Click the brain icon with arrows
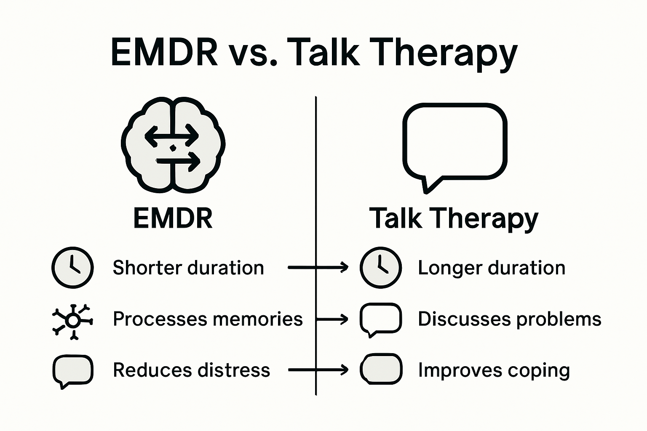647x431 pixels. click(173, 145)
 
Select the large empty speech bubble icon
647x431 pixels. click(455, 147)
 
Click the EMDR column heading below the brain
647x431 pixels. click(173, 218)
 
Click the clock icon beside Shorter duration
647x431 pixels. click(72, 267)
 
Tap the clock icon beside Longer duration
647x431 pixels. click(381, 267)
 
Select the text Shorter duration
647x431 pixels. click(188, 268)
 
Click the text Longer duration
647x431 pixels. click(492, 268)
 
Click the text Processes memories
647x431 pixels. click(208, 319)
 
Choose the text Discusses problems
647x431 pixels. click(510, 319)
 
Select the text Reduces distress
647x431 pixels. click(192, 370)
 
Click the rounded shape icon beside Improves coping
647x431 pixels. click(381, 369)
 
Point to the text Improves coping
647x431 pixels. click(494, 370)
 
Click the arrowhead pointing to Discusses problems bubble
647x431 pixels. click(344, 319)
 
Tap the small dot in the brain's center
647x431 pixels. click(173, 148)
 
